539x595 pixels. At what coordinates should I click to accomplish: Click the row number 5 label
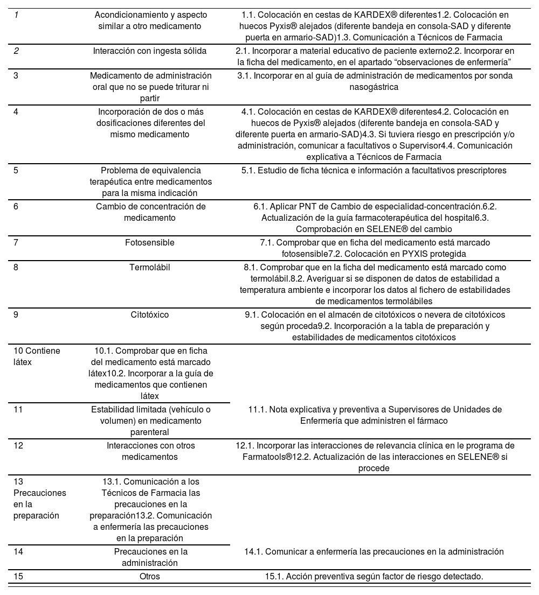[16, 170]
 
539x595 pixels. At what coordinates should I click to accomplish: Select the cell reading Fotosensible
[150, 243]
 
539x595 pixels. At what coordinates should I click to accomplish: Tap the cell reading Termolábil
[150, 267]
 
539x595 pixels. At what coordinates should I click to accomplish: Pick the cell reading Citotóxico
[150, 314]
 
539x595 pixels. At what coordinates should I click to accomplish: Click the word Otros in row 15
[150, 576]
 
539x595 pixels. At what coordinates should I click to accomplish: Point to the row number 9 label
[16, 314]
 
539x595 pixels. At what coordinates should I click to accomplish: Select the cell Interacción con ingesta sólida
[150, 51]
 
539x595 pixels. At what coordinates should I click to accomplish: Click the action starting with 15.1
[374, 576]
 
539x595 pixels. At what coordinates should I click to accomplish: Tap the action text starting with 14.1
[374, 551]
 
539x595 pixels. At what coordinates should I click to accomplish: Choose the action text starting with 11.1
[374, 415]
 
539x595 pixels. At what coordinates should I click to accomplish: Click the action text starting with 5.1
[374, 171]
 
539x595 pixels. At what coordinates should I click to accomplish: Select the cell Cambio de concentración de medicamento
[150, 212]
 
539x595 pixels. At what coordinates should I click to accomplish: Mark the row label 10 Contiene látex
[37, 356]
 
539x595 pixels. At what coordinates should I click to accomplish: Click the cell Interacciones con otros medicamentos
[150, 451]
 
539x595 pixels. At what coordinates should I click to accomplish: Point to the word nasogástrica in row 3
[374, 87]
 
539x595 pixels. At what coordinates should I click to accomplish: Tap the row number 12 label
[18, 446]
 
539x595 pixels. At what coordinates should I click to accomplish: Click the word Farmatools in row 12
[267, 457]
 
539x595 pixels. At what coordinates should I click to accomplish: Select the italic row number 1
[16, 15]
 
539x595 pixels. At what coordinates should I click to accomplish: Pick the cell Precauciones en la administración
[150, 557]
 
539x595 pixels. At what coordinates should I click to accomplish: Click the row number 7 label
[16, 243]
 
